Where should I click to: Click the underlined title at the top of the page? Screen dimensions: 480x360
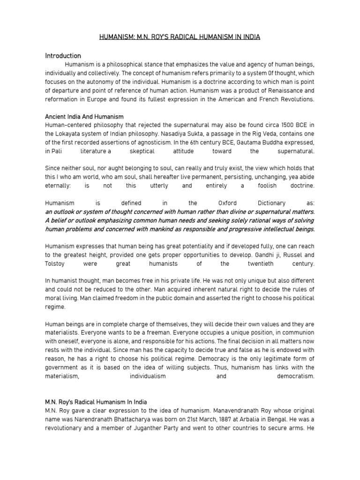coord(180,37)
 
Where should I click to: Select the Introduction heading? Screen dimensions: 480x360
coord(63,56)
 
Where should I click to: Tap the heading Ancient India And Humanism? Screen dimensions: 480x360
coord(84,116)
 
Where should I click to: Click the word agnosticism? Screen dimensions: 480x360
coord(150,142)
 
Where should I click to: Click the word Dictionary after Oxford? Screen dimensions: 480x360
coord(271,203)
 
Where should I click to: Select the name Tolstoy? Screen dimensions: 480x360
coord(56,264)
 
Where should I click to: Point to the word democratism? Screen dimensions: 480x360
coord(296,376)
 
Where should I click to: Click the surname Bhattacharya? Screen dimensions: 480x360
coord(125,420)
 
